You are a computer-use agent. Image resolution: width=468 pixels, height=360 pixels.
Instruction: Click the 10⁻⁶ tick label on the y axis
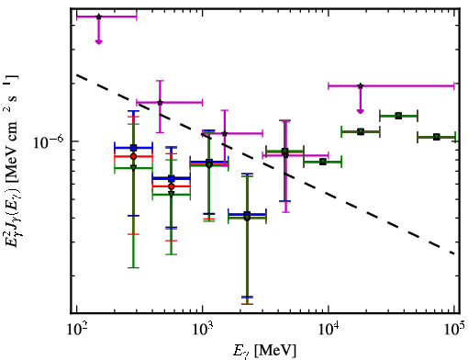49,141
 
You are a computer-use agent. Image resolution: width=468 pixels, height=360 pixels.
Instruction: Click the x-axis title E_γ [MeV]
264,350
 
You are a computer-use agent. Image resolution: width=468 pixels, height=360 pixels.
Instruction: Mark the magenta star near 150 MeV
98,17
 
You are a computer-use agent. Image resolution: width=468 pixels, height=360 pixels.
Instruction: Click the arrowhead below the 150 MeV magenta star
98,41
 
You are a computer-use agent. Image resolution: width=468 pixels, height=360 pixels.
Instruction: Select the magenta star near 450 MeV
160,102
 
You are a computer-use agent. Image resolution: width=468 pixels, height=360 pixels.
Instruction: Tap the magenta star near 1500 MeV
225,133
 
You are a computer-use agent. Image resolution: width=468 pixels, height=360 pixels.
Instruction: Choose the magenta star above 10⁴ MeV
361,86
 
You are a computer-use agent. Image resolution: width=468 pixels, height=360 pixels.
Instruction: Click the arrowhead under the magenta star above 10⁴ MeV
361,111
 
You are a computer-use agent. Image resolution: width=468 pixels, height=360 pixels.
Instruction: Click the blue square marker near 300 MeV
133,148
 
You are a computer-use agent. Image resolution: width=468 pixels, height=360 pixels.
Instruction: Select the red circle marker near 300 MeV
133,156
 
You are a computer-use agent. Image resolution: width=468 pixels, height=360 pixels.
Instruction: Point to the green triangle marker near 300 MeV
133,167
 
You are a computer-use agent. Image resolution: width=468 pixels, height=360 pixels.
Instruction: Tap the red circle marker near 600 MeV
172,186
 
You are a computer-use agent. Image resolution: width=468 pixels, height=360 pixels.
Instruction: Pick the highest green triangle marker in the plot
398,116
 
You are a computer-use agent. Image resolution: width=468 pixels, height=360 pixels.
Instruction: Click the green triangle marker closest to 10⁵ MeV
436,137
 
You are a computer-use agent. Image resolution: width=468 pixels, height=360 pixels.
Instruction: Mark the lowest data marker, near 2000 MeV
247,217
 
